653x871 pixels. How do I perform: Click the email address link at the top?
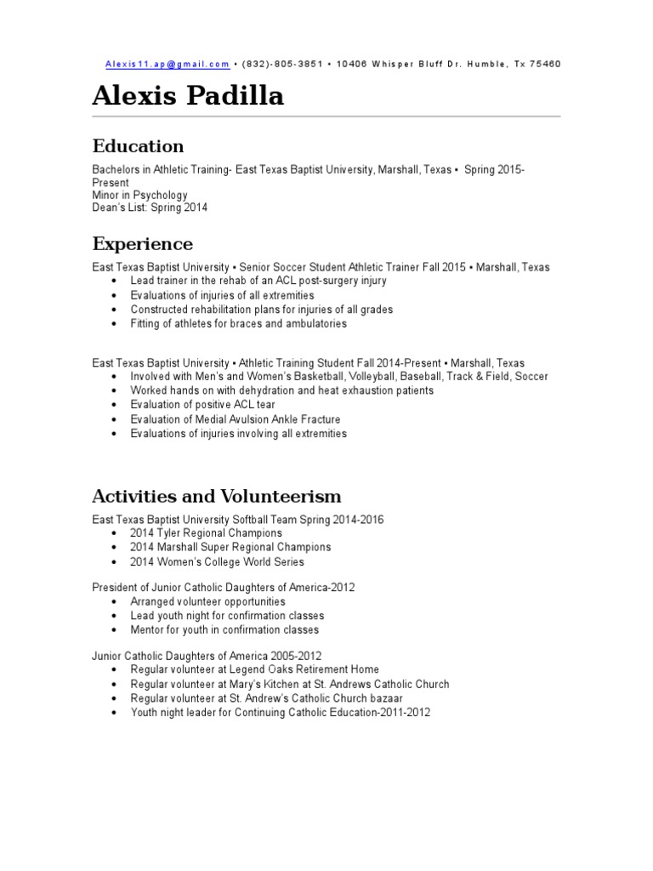(x=168, y=64)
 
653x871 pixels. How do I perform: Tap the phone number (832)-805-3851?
(x=282, y=64)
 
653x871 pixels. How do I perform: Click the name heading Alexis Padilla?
(x=188, y=97)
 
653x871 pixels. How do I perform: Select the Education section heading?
(x=138, y=146)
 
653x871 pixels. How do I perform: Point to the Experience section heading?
(x=143, y=244)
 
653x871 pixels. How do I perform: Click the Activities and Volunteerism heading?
(x=217, y=496)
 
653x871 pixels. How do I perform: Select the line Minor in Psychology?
(x=139, y=195)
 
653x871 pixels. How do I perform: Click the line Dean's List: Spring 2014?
(x=150, y=208)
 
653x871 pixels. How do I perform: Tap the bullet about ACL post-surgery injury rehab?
(x=258, y=281)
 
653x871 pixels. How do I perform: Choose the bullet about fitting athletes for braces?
(x=238, y=323)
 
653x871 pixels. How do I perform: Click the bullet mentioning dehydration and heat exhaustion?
(x=281, y=390)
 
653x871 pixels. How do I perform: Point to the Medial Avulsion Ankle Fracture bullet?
(x=235, y=419)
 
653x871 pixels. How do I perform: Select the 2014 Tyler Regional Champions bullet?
(x=206, y=533)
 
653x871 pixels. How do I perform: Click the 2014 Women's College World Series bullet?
(x=217, y=562)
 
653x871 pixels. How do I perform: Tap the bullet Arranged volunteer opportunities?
(x=207, y=601)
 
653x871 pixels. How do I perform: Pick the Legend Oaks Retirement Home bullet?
(x=254, y=669)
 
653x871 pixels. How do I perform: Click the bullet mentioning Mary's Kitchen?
(x=289, y=684)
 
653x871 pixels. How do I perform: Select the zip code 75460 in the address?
(x=545, y=64)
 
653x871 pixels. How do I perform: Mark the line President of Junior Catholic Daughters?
(x=224, y=587)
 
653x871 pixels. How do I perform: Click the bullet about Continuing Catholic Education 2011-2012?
(x=280, y=713)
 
